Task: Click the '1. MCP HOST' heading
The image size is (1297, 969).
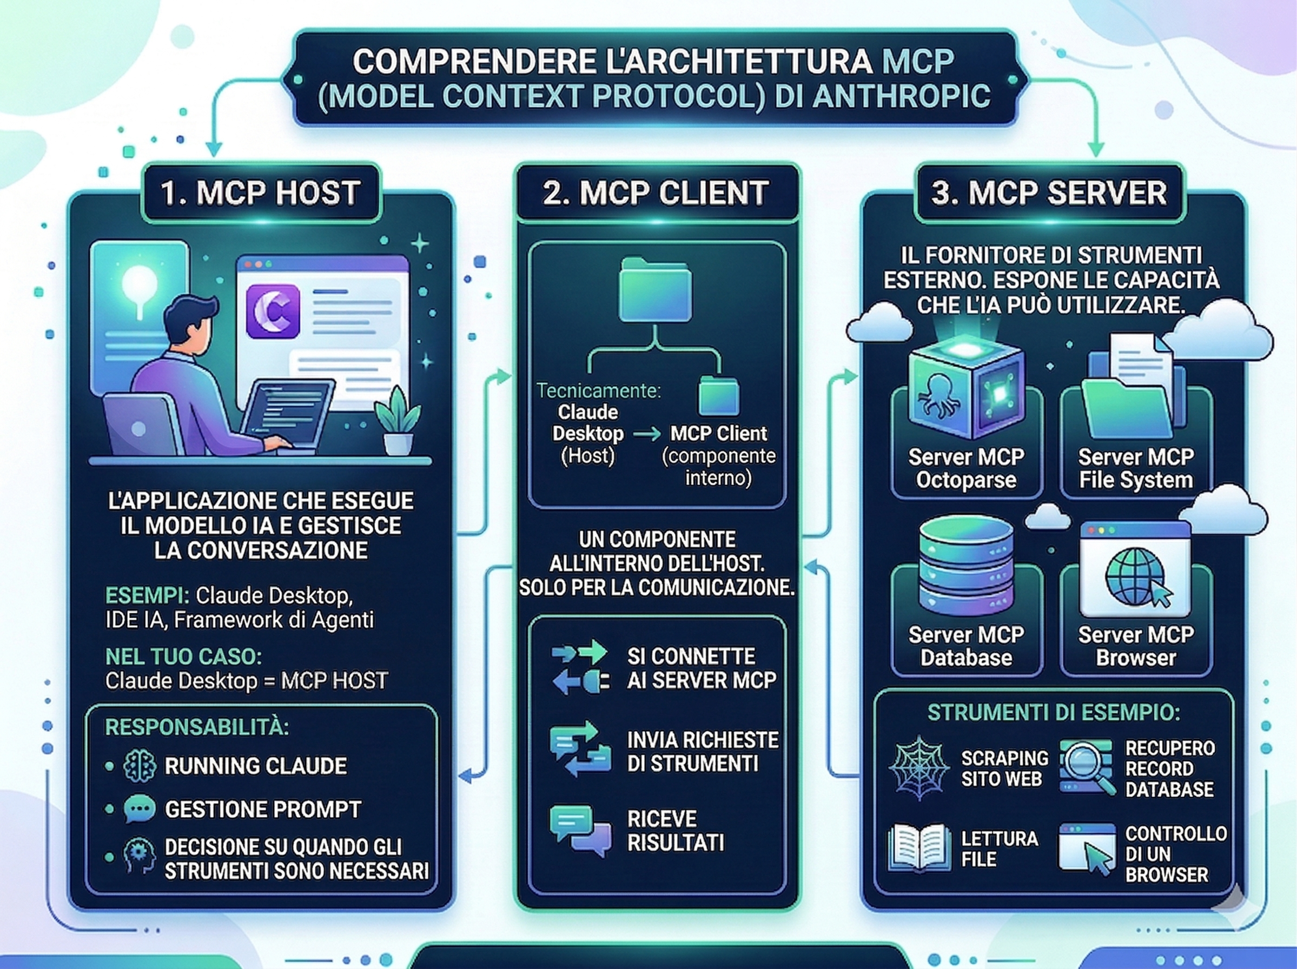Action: point(260,193)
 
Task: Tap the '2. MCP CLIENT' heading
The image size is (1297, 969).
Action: point(656,193)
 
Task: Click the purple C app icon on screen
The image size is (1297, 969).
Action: point(273,311)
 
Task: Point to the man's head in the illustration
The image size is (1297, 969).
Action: point(189,322)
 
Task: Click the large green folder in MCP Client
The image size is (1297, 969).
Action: point(656,290)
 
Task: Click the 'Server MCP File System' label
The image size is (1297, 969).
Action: point(1136,468)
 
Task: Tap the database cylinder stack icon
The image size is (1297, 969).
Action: point(965,563)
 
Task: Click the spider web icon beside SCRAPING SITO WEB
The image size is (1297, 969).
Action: point(919,767)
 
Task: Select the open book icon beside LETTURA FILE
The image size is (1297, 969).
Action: point(919,848)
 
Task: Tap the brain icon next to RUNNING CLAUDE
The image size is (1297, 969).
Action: point(140,766)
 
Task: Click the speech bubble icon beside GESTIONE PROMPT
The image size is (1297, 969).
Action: point(140,809)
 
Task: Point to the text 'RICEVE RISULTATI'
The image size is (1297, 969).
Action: point(676,831)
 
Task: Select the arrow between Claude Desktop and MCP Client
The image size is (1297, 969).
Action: point(647,434)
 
